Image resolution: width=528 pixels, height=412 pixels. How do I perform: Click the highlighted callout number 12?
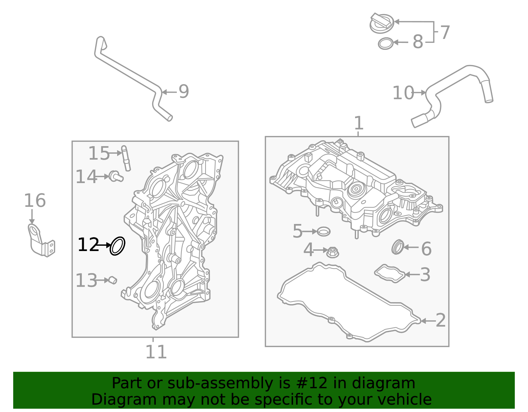(x=88, y=245)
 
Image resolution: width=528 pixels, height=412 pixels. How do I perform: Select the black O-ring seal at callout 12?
(x=117, y=246)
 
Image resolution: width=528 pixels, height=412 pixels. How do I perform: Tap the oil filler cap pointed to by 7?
(x=381, y=23)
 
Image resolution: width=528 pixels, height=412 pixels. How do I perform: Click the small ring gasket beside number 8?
(x=385, y=44)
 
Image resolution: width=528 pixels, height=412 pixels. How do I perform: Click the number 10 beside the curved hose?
(x=403, y=93)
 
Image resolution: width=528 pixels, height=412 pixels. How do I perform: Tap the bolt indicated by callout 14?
(x=115, y=176)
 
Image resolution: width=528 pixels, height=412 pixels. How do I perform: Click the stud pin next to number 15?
(x=126, y=158)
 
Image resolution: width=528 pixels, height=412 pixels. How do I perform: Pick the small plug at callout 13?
(x=113, y=280)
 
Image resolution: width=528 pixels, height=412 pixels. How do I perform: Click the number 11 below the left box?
(x=156, y=352)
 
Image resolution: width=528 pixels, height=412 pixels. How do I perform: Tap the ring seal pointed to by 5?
(x=323, y=232)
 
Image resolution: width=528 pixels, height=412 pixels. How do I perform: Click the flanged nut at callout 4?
(x=333, y=253)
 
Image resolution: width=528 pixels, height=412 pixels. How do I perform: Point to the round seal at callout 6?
(x=398, y=247)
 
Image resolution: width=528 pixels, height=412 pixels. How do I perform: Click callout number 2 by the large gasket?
(x=441, y=320)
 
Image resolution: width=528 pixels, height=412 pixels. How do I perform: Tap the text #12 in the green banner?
(x=312, y=383)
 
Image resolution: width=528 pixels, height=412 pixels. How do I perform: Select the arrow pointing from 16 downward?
(x=32, y=217)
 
